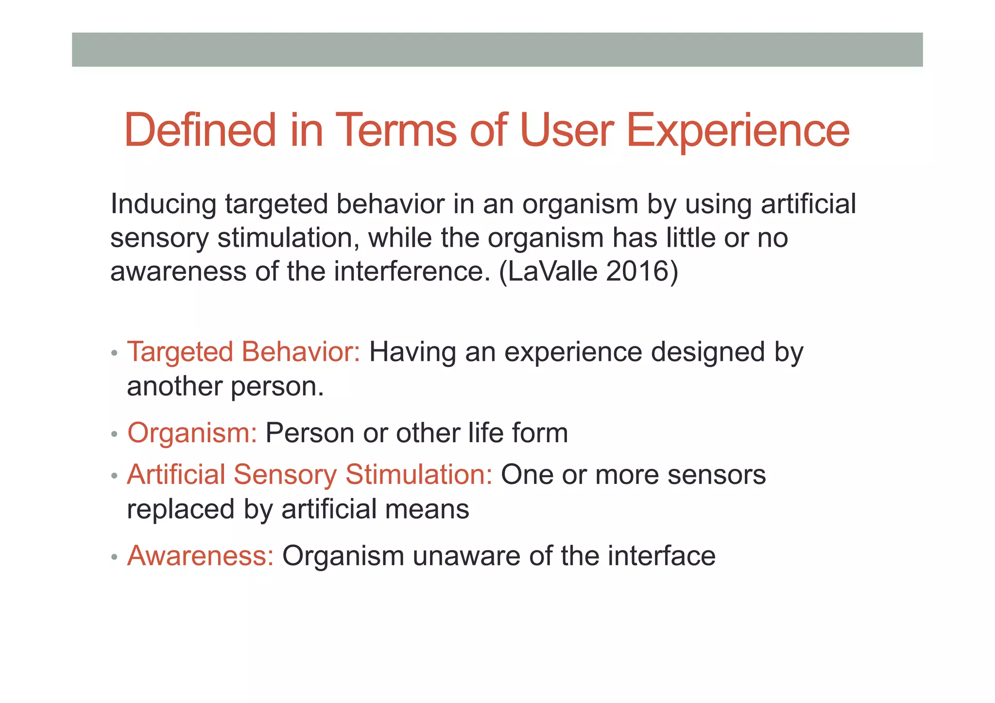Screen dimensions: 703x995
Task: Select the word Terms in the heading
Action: [x=395, y=130]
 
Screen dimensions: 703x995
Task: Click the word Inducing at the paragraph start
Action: [x=163, y=204]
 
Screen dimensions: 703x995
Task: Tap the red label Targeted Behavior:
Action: [x=243, y=352]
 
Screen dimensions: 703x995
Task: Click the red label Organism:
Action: [x=192, y=433]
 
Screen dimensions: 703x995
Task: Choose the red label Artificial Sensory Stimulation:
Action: [x=309, y=475]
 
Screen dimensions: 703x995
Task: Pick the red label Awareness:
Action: [x=201, y=556]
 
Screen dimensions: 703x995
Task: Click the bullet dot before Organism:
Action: [x=114, y=434]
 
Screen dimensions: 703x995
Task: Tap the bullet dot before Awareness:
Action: [x=114, y=557]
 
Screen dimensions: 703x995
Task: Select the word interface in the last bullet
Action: [x=661, y=556]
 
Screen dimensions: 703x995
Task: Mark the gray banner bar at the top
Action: [x=497, y=50]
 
